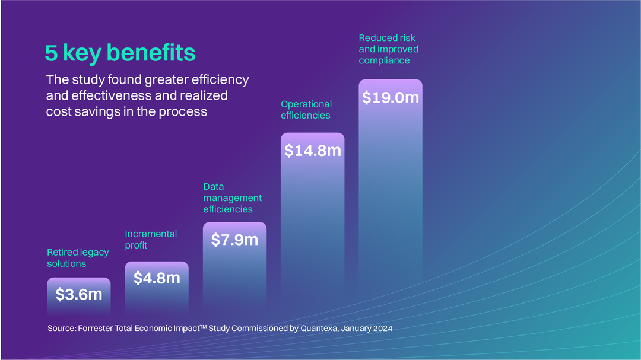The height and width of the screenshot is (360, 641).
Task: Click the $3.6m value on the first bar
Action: click(x=79, y=294)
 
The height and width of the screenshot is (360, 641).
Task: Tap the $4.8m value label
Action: click(x=157, y=278)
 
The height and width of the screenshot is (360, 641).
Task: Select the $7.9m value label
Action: click(x=234, y=240)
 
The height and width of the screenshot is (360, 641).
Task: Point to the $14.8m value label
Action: click(x=312, y=151)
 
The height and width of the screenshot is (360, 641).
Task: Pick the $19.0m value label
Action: click(x=391, y=97)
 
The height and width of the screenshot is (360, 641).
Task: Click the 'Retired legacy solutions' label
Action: click(x=78, y=258)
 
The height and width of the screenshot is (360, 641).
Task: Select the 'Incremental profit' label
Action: click(x=151, y=240)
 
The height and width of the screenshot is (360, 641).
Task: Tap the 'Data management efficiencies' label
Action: click(x=232, y=198)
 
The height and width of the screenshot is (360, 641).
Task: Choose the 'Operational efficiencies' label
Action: click(x=306, y=110)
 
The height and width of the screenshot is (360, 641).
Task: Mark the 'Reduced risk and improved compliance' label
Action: click(x=388, y=49)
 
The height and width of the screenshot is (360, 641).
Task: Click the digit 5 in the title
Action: click(x=51, y=53)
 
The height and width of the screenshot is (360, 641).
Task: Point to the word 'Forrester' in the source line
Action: click(x=97, y=328)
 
